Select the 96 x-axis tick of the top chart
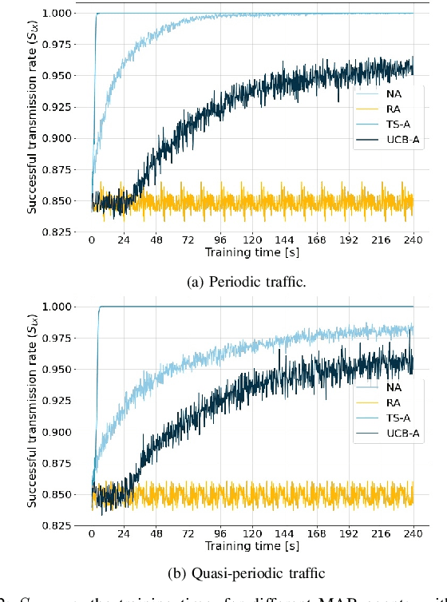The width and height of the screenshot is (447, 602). click(x=220, y=240)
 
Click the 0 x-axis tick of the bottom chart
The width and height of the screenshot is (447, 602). click(x=92, y=533)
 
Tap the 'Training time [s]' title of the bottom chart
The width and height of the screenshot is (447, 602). click(x=252, y=545)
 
